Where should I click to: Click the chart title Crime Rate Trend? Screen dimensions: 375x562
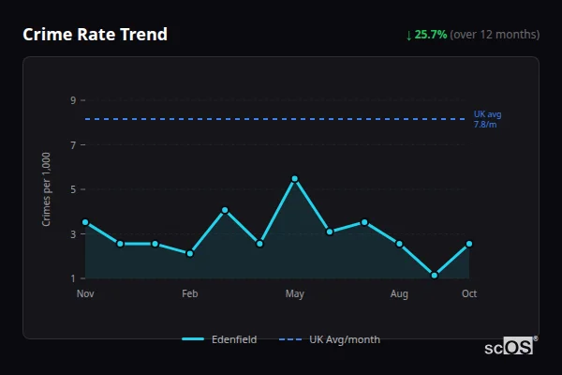click(95, 35)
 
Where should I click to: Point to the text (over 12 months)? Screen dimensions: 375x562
click(495, 35)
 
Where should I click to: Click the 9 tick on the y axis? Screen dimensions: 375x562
click(73, 100)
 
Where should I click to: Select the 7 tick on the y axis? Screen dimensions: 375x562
click(73, 145)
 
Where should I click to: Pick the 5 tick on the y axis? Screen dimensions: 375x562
click(73, 189)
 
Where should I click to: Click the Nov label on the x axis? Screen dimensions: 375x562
click(85, 294)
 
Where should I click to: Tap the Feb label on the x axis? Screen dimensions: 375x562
click(190, 294)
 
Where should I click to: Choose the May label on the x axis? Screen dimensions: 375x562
click(295, 294)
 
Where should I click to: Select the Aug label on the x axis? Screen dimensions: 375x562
click(399, 294)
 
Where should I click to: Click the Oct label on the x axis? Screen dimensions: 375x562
click(469, 294)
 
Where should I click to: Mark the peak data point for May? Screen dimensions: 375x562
click(295, 178)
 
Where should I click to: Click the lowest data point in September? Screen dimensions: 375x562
click(435, 276)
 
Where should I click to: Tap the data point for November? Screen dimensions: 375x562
click(85, 222)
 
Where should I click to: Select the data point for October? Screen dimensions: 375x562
click(469, 244)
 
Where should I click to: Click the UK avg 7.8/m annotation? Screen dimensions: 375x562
click(487, 119)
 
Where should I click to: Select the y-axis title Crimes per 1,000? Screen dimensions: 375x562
click(47, 189)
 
